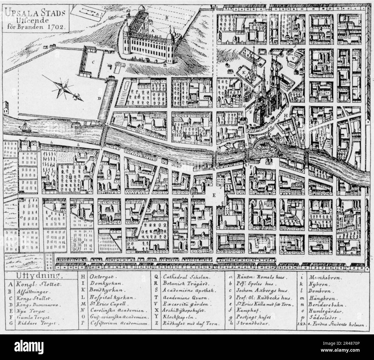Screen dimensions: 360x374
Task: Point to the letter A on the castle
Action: point(152,30)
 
